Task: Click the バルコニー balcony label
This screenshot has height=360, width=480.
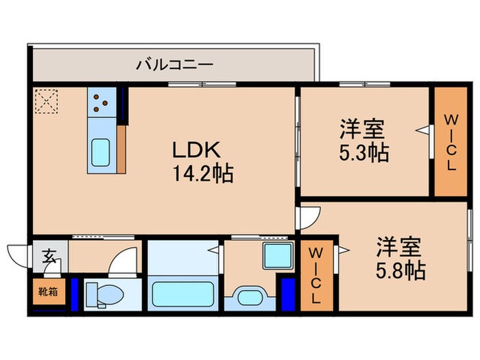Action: [175, 66]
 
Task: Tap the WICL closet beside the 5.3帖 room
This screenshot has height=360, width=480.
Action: [451, 142]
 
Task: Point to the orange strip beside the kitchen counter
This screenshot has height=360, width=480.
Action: [121, 149]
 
